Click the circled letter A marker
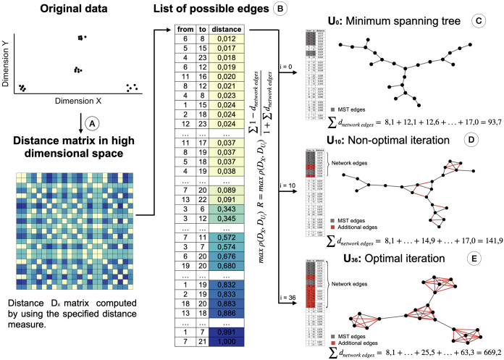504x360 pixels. (89, 123)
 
